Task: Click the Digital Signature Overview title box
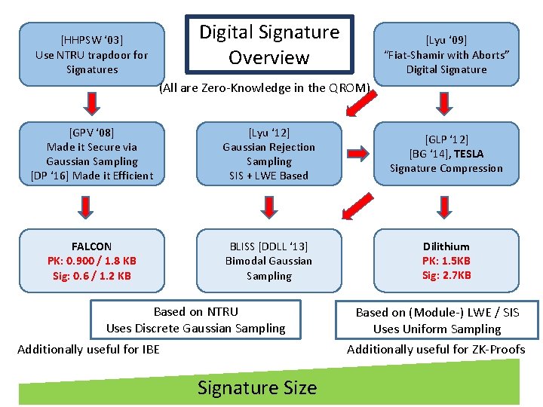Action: (x=269, y=44)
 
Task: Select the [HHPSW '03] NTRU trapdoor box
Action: (x=92, y=54)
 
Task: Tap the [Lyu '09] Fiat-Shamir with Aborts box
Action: (x=446, y=54)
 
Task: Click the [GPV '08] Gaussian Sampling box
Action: (x=92, y=154)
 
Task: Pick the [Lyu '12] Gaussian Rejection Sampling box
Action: (x=269, y=154)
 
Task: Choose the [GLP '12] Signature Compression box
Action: (x=446, y=154)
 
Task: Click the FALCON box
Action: (x=92, y=261)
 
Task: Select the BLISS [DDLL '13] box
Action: (x=269, y=261)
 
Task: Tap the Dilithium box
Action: (x=446, y=261)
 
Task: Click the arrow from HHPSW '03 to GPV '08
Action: (x=92, y=102)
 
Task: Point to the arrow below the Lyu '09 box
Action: (x=446, y=102)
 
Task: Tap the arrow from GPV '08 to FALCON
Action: (x=92, y=206)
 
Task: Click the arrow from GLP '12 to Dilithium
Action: (x=446, y=206)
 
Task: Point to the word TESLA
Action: (x=468, y=154)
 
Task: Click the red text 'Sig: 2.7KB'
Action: (x=446, y=275)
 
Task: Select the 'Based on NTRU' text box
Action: (x=195, y=320)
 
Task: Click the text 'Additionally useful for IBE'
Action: (x=88, y=349)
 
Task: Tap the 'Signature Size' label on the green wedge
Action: (x=257, y=387)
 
